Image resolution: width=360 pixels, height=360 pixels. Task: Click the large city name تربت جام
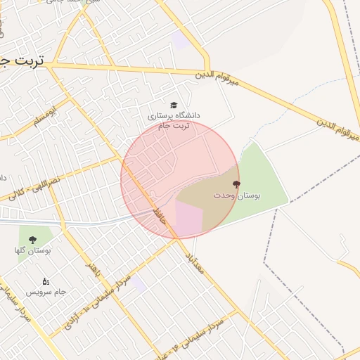21,61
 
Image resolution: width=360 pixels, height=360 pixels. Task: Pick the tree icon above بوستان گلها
33,240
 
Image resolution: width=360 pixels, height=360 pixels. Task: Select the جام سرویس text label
46,291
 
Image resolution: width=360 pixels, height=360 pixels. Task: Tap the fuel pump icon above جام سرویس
46,281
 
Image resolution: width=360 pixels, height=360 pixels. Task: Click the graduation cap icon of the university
174,104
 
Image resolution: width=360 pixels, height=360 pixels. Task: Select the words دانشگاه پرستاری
174,114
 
